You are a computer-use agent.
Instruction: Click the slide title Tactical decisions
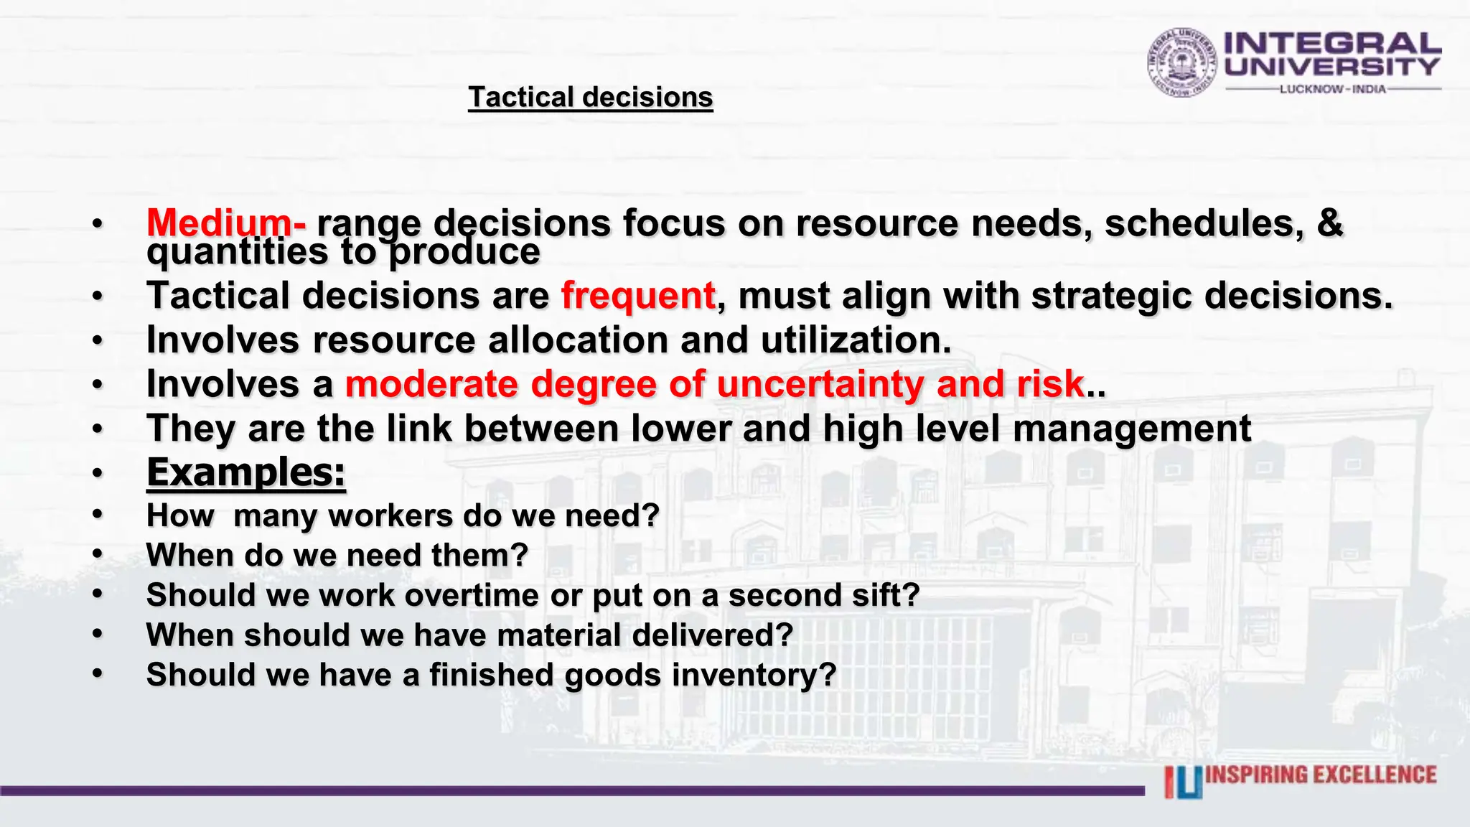pos(590,97)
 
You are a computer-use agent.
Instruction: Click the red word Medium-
pos(226,223)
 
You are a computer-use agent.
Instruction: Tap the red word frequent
pos(638,295)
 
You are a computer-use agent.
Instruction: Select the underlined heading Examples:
pos(246,472)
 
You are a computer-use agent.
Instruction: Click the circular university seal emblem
pos(1181,62)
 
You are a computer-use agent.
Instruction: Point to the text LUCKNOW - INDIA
pos(1333,89)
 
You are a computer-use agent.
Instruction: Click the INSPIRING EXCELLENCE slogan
pos(1321,775)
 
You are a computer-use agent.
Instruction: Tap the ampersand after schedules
pos(1329,223)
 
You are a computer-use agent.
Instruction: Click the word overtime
pos(471,595)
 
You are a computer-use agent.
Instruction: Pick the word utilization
pos(856,340)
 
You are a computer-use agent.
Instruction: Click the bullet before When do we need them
pos(98,554)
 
